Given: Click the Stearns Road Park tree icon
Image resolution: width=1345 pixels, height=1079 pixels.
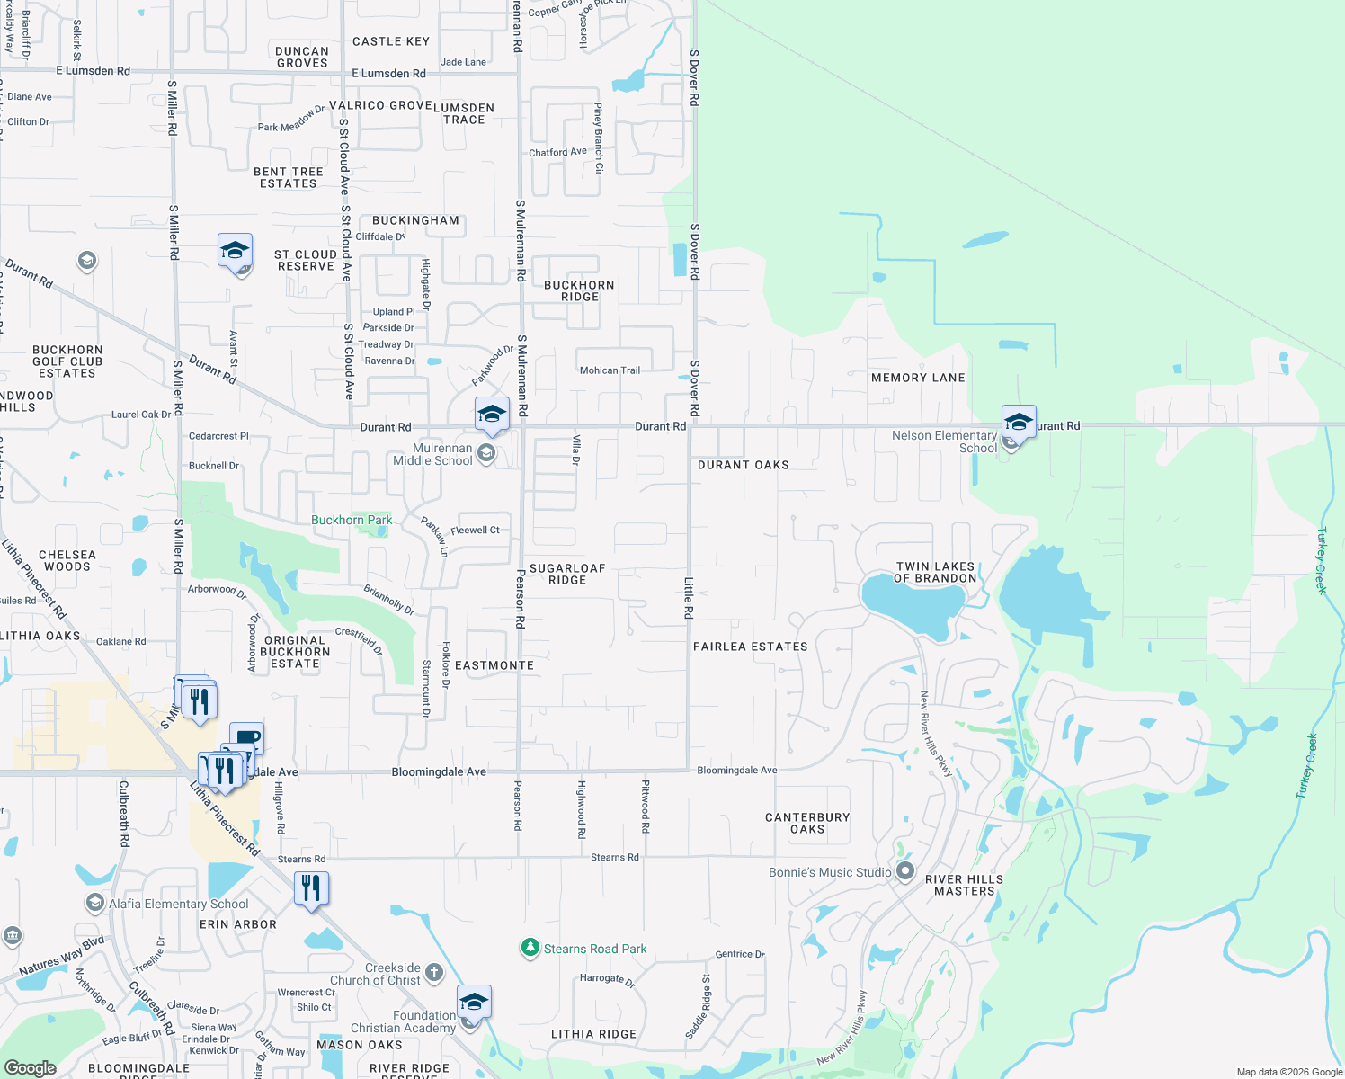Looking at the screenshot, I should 530,948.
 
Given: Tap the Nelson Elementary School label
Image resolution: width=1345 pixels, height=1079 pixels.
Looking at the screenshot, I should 944,441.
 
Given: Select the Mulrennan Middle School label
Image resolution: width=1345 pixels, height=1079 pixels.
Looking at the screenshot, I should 432,454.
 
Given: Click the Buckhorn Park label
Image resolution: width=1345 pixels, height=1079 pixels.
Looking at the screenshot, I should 351,520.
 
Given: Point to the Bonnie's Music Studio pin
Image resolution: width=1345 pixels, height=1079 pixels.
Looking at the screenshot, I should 905,871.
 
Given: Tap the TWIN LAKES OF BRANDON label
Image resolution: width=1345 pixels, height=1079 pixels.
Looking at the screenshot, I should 935,573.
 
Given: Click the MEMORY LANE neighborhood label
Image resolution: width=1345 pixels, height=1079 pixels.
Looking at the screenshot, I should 918,378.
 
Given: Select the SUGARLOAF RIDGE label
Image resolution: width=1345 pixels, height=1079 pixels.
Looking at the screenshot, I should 567,574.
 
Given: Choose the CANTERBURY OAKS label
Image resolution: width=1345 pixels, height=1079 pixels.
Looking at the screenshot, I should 807,823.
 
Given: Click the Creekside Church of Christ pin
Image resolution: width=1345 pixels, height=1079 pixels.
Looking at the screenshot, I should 433,972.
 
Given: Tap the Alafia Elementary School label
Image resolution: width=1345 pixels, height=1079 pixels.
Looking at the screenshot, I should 179,904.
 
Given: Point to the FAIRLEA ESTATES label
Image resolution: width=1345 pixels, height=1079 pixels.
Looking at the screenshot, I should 750,647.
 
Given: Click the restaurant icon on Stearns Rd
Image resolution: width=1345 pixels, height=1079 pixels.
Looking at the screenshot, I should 311,888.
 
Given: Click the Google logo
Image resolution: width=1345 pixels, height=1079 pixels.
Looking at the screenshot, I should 30,1067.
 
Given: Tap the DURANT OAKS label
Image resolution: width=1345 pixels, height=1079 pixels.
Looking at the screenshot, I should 744,465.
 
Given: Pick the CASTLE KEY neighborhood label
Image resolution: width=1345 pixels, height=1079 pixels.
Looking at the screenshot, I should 391,41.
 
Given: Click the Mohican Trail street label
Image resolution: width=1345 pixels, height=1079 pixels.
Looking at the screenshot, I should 610,370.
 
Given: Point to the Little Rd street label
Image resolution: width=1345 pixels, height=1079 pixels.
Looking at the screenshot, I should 689,598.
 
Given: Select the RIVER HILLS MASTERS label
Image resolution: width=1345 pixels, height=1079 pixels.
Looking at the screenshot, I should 964,885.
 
